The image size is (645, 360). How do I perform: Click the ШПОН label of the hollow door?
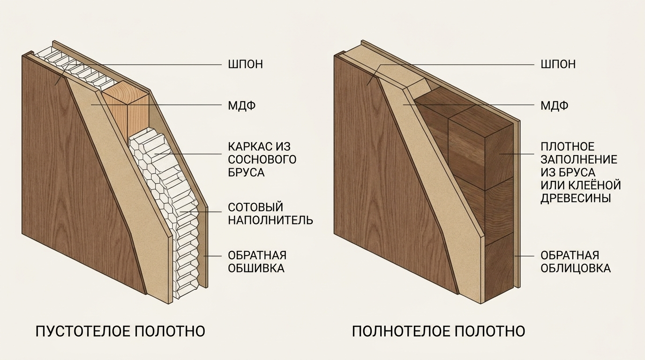[x=245, y=64]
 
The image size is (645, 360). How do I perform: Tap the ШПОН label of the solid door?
[x=558, y=64]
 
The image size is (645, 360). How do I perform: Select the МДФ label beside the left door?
[x=242, y=106]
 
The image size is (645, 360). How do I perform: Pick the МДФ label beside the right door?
[x=554, y=106]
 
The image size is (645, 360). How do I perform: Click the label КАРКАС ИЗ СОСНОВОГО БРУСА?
[x=262, y=159]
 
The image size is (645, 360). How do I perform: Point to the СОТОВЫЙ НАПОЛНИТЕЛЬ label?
[x=270, y=214]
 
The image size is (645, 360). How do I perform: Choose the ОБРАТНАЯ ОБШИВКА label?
[x=257, y=262]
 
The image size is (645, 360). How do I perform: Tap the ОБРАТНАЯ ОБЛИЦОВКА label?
[x=575, y=262]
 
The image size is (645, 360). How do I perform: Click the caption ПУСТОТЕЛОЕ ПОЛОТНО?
[x=120, y=331]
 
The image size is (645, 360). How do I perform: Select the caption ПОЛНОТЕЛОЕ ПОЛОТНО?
[x=439, y=331]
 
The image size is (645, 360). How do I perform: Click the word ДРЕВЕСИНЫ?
[x=576, y=198]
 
